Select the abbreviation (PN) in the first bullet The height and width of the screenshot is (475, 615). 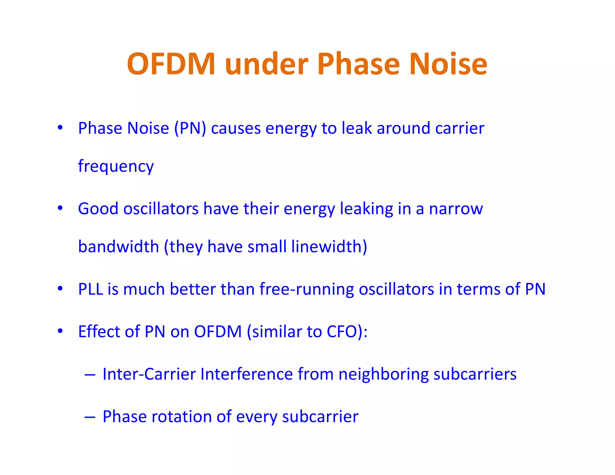pyautogui.click(x=190, y=128)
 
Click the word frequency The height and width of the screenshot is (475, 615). pyautogui.click(x=116, y=166)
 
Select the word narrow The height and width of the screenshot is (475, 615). pyautogui.click(x=456, y=208)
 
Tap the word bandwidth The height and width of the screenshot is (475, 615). pyautogui.click(x=118, y=247)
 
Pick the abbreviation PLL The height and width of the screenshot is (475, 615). pyautogui.click(x=91, y=289)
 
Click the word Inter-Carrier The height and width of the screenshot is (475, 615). pyautogui.click(x=149, y=374)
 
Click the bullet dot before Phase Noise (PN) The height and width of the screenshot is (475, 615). pyautogui.click(x=60, y=127)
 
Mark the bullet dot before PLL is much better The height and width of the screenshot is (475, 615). pyautogui.click(x=60, y=289)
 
